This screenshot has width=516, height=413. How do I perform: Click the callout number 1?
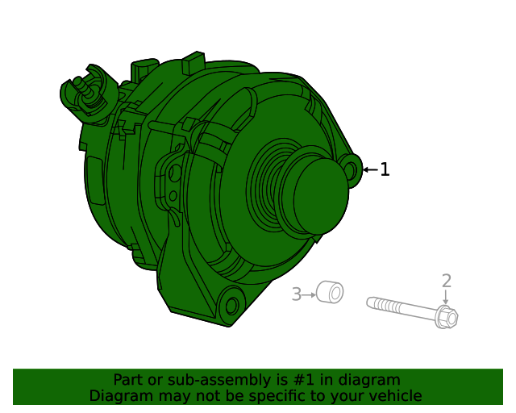pos(385,169)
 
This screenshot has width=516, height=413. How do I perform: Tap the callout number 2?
pos(446,281)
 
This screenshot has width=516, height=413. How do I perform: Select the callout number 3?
pos(296,294)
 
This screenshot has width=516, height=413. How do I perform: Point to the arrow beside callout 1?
pos(370,169)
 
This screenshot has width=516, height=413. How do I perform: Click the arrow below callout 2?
pos(446,298)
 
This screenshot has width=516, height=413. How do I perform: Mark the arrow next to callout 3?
pos(309,295)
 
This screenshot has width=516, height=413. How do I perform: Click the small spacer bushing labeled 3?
pos(330,292)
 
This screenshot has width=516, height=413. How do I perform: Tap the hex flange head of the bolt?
pos(447,317)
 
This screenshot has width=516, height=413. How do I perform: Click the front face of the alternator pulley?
pos(320,190)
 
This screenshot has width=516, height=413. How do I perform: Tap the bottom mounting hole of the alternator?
pos(232,306)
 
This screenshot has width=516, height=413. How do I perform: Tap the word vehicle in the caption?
pos(394,396)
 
